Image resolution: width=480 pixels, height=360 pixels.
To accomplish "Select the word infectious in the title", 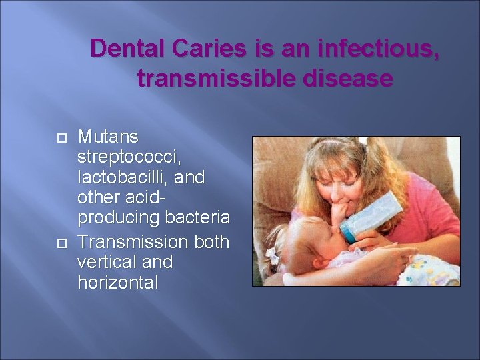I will coord(379,49).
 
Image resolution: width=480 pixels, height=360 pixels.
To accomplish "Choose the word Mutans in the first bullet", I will coord(108,137).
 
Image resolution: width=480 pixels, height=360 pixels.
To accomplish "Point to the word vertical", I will coord(105,261).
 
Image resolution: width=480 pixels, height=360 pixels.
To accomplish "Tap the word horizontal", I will coord(118,282).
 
